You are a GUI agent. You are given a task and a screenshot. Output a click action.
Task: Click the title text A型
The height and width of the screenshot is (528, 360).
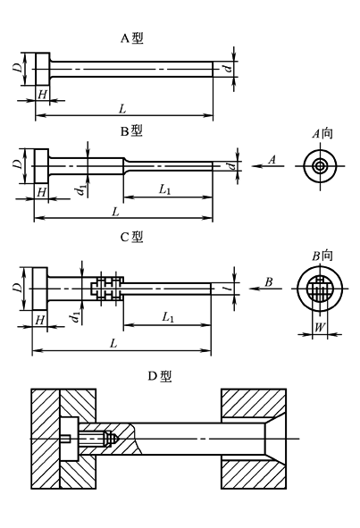click(x=131, y=38)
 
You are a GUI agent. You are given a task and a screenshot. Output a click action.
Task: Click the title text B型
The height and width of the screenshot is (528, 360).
click(x=131, y=130)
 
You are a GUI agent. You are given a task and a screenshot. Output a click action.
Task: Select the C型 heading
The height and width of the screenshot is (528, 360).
click(x=131, y=237)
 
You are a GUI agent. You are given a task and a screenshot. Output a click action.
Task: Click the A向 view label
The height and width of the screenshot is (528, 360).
click(x=322, y=133)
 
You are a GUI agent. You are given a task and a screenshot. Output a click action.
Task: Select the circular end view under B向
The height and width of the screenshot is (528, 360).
click(x=320, y=289)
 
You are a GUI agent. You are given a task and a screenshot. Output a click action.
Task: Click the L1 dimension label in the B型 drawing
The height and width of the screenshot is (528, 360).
click(x=166, y=189)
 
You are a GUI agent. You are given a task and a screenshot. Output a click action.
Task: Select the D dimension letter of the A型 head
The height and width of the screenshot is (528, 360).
click(x=18, y=67)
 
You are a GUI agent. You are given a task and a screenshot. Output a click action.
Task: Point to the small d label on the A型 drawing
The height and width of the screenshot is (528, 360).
click(x=228, y=68)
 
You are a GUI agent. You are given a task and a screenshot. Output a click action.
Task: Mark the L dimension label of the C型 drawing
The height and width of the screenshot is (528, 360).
click(x=113, y=343)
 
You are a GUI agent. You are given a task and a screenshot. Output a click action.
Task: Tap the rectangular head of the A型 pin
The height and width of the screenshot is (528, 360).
click(x=38, y=68)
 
